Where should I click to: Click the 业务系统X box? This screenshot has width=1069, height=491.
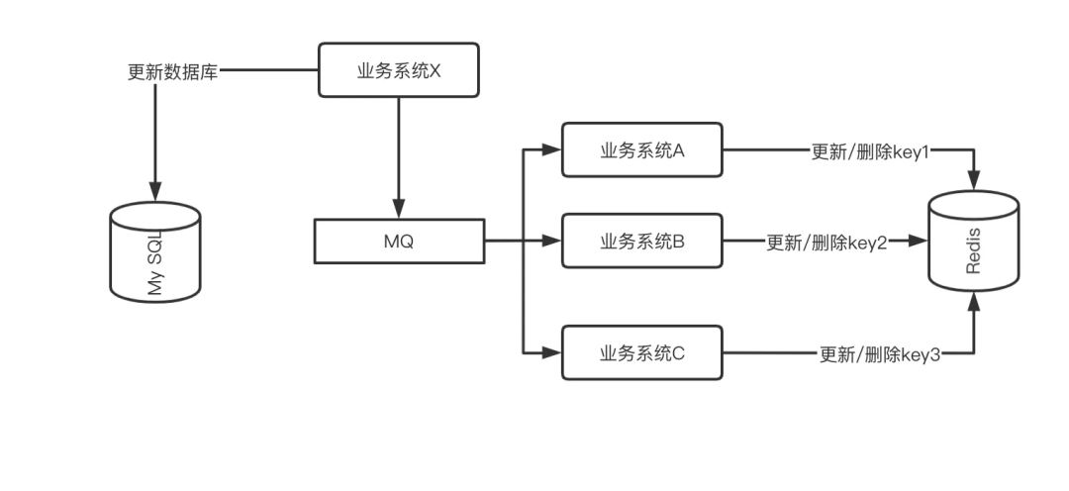tap(398, 70)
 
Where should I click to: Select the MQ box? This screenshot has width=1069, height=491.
tap(399, 242)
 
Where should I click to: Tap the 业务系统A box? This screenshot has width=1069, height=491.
tap(642, 150)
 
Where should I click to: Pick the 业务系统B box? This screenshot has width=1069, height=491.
tap(642, 241)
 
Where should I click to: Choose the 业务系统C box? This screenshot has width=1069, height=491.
tap(642, 352)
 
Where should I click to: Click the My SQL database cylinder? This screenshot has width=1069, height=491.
tap(154, 252)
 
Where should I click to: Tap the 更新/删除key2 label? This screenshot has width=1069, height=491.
tap(826, 242)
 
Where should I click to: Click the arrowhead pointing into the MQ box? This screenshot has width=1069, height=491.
tap(399, 211)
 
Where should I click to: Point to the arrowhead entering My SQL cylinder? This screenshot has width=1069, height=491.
tap(154, 190)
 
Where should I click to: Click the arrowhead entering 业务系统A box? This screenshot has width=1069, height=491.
tap(552, 150)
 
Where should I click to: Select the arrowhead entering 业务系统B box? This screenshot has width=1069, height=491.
tap(552, 241)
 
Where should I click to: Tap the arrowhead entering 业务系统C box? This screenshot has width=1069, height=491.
tap(552, 352)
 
